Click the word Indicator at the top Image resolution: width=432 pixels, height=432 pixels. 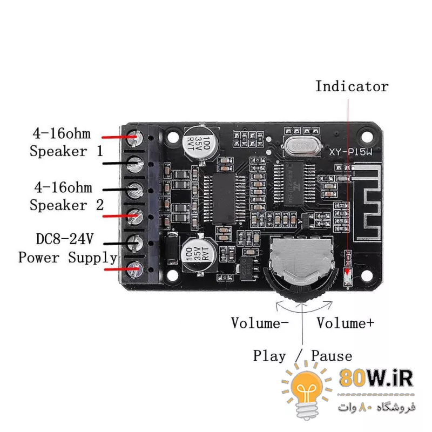pos(352,86)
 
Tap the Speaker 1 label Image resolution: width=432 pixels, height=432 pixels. pos(66,151)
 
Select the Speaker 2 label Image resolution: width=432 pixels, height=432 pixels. pos(66,205)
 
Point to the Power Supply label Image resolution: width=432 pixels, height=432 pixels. pos(67,258)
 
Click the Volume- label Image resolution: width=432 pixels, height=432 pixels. pos(260,323)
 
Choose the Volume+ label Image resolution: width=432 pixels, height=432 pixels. pos(345,323)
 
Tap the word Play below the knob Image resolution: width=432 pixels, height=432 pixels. pos(269,356)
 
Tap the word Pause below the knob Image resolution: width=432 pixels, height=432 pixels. pos(332,356)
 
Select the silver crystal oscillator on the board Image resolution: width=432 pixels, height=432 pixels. pos(298,146)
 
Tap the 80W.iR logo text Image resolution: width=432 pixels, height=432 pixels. pos(376,378)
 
